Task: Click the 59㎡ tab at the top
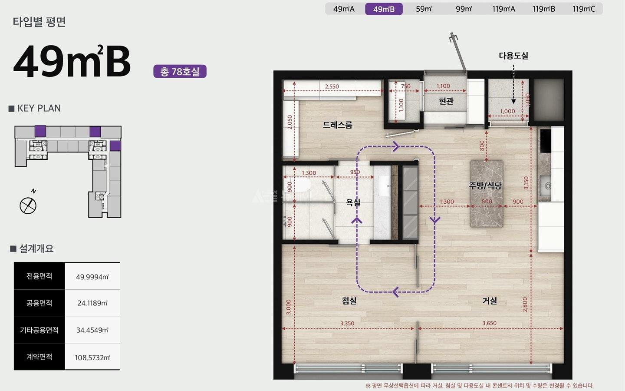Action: click(x=424, y=9)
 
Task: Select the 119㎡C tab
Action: click(x=584, y=9)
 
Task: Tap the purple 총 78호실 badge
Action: click(x=180, y=72)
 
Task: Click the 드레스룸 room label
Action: click(x=337, y=125)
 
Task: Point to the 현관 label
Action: click(x=446, y=101)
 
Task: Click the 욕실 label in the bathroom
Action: click(x=353, y=202)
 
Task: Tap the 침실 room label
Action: click(x=349, y=301)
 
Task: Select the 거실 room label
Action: click(x=490, y=301)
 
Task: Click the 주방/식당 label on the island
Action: click(x=485, y=185)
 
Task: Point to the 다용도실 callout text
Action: click(x=513, y=56)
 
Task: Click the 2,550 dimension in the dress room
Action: click(x=332, y=86)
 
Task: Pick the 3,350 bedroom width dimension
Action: click(x=347, y=323)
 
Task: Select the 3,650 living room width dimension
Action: click(x=490, y=323)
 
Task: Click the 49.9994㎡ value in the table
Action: click(x=92, y=277)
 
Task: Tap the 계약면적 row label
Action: click(x=39, y=357)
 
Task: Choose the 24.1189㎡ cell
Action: click(x=92, y=303)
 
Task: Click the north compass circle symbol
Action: click(x=28, y=206)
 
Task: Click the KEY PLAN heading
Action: click(x=39, y=108)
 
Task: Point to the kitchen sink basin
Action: click(x=545, y=186)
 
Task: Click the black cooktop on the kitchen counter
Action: click(x=546, y=141)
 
